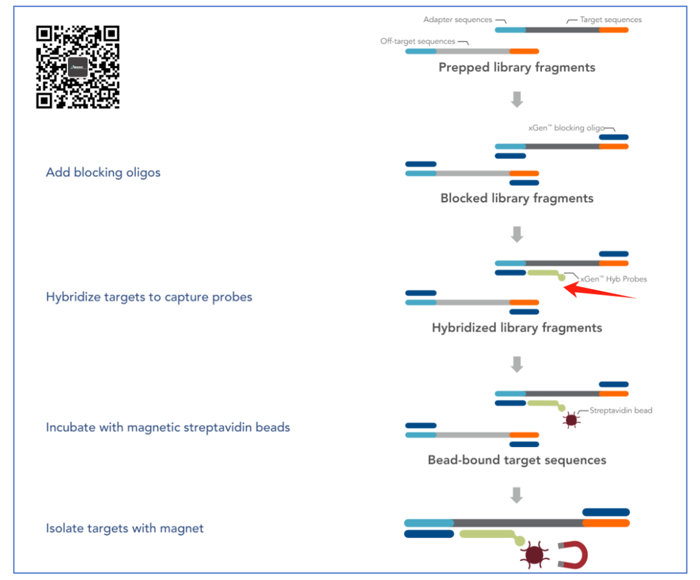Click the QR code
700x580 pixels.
pos(78,67)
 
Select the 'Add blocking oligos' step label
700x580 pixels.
pos(103,172)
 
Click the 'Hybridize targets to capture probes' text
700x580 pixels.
pos(149,297)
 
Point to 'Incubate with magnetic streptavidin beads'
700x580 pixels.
pos(168,427)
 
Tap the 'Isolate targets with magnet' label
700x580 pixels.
pos(124,528)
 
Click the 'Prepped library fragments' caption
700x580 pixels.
pos(517,67)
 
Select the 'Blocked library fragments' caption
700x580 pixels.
pos(517,198)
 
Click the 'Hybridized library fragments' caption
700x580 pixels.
pos(517,328)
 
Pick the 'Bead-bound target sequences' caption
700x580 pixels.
pos(517,460)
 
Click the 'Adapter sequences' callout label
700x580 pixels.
pos(458,20)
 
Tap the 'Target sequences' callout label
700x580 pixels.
pos(611,20)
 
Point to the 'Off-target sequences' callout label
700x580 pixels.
pos(417,41)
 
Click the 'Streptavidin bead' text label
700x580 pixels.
pos(620,410)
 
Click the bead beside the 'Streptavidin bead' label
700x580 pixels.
pos(571,420)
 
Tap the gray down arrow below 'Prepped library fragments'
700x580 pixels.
pos(517,99)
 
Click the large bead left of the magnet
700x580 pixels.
pos(534,555)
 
